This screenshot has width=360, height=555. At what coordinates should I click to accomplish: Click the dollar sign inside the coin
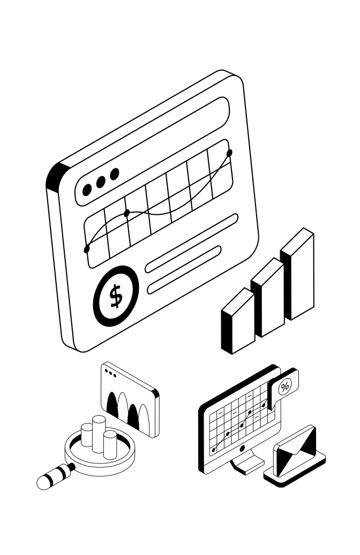(116, 296)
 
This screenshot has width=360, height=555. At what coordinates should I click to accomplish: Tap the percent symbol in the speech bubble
(285, 386)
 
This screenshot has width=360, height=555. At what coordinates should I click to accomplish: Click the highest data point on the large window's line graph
(230, 153)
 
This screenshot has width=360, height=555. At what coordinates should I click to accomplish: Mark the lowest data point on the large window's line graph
(87, 249)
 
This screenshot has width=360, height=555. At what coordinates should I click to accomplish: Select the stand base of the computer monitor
(247, 469)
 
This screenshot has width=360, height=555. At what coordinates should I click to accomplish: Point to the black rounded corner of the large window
(56, 177)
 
